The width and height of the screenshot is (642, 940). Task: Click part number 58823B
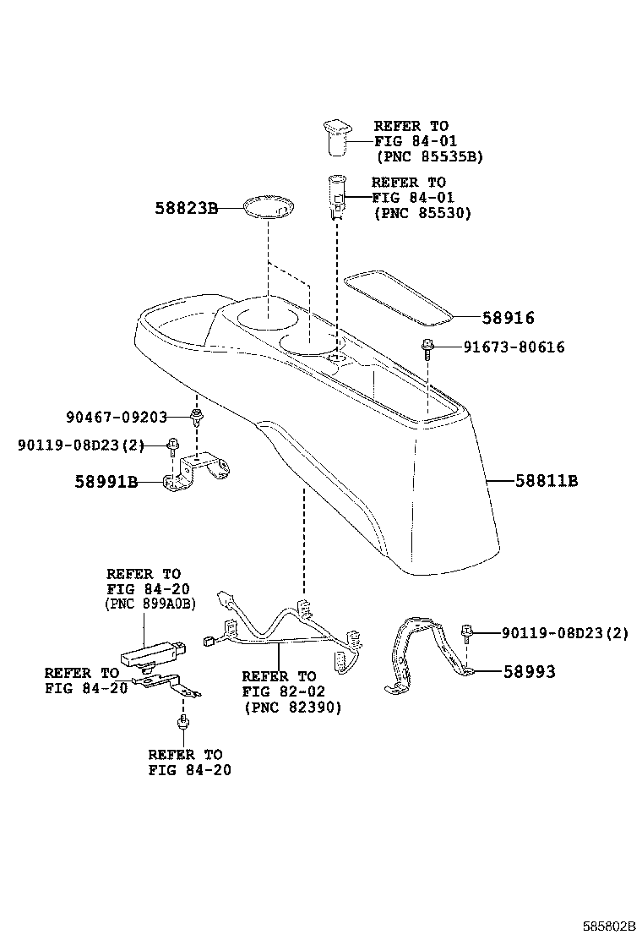tap(186, 206)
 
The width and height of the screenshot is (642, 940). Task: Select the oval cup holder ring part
tap(268, 208)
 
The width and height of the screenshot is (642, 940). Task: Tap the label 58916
tap(509, 318)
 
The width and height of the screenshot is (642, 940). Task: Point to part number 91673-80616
tap(514, 347)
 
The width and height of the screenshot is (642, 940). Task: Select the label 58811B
tap(547, 481)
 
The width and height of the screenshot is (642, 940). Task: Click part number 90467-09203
tap(116, 416)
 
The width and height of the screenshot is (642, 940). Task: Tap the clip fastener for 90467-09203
tap(198, 415)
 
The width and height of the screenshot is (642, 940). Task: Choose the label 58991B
tap(106, 482)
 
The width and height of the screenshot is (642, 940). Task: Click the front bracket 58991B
tap(199, 473)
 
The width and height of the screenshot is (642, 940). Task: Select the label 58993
tap(530, 672)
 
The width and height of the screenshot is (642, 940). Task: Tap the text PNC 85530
tap(422, 213)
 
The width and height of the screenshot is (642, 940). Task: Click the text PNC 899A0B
tap(150, 604)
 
